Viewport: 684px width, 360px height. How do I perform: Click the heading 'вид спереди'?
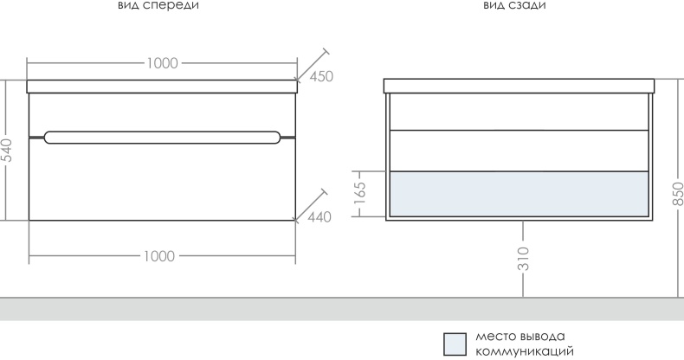point(158,6)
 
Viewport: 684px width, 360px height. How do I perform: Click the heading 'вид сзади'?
point(514,5)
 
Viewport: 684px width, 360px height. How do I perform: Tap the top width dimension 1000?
point(162,63)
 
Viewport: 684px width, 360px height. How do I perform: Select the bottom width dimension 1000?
point(159,256)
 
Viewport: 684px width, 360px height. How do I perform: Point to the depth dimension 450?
point(321,76)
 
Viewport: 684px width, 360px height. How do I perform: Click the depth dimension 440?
point(319,216)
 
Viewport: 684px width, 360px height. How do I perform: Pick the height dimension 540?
point(8,151)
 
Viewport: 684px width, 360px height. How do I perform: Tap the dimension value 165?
point(360,193)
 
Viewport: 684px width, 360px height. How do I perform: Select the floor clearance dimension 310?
point(524,259)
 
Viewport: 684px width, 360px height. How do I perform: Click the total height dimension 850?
point(677,194)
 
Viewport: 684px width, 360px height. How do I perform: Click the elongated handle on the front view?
point(162,138)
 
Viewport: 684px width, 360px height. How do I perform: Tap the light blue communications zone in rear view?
point(519,194)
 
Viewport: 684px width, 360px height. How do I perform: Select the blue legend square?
point(455,344)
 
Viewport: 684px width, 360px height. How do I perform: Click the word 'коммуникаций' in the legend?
point(525,351)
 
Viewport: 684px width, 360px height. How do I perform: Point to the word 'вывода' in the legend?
point(543,337)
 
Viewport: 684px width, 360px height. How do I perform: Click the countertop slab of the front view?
point(162,87)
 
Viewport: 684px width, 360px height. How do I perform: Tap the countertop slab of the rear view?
point(519,86)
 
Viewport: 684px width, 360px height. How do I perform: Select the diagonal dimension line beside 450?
point(313,66)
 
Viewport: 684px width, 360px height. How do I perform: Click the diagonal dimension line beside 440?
point(311,206)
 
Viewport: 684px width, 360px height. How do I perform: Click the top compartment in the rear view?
point(519,112)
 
